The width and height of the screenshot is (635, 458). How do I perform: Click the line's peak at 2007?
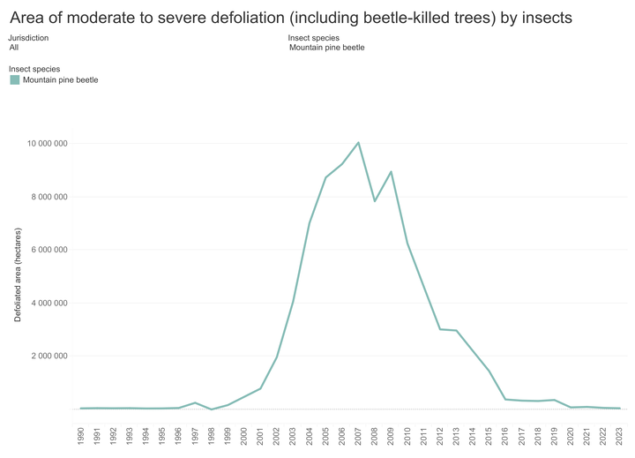tap(358, 143)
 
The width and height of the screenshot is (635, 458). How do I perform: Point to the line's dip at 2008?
tap(375, 201)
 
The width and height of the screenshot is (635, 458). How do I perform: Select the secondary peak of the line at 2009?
tap(391, 172)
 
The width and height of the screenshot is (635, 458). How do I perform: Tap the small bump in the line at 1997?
tap(195, 403)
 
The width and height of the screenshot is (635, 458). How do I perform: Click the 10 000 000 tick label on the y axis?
tap(48, 144)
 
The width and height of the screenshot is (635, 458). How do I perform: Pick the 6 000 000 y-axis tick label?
tap(49, 250)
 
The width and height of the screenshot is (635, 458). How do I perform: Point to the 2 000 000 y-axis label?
tap(49, 356)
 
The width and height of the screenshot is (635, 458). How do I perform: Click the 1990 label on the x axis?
tap(80, 436)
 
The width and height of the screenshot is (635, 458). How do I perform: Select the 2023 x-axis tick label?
tap(619, 436)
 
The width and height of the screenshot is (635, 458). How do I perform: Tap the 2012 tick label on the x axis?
tap(440, 436)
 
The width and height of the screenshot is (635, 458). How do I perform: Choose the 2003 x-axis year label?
tap(293, 436)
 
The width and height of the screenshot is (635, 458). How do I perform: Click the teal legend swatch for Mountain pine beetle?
tap(15, 79)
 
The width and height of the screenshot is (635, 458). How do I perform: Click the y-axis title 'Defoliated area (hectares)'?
tap(18, 274)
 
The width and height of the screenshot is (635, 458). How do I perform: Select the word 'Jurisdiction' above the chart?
tap(28, 38)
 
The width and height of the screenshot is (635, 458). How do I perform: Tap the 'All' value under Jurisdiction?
tap(14, 48)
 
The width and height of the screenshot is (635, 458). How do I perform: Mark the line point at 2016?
tap(505, 399)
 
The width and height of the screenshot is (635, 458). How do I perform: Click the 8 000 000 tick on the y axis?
tap(49, 197)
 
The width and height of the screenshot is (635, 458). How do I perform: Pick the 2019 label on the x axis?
tap(554, 436)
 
